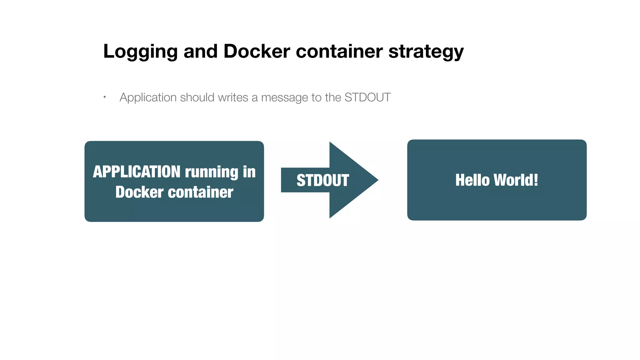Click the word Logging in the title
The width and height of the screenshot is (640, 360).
click(x=140, y=52)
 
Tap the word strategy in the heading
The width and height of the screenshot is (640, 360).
click(x=426, y=52)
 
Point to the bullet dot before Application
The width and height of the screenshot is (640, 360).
click(x=105, y=97)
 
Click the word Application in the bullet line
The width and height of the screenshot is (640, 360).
click(x=148, y=97)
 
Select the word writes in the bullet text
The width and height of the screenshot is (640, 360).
click(x=233, y=97)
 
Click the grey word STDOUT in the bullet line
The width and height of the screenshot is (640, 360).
click(x=367, y=97)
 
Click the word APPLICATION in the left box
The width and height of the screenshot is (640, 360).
click(x=137, y=172)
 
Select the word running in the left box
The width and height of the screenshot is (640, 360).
click(x=212, y=172)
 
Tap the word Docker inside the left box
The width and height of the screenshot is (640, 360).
click(x=139, y=192)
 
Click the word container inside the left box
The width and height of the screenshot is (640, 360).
click(x=201, y=192)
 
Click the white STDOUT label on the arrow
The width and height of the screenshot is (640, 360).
click(x=322, y=180)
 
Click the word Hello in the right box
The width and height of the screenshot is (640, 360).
click(x=472, y=180)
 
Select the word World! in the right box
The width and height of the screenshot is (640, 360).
click(x=516, y=180)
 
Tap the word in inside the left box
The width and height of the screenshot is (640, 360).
click(x=249, y=172)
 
